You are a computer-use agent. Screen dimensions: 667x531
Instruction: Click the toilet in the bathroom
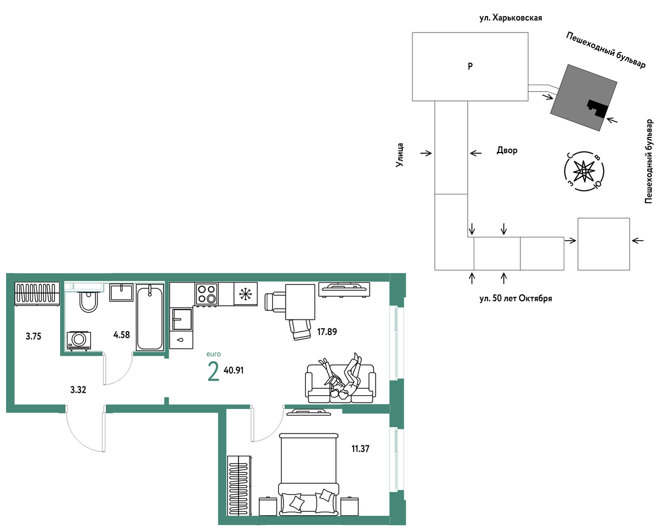[x=89, y=301]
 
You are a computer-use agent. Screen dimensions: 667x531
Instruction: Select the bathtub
[x=150, y=317]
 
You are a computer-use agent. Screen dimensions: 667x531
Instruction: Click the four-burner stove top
[x=207, y=294]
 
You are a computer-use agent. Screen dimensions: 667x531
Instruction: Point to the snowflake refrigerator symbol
[x=245, y=294]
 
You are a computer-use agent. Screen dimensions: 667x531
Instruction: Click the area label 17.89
[x=327, y=332]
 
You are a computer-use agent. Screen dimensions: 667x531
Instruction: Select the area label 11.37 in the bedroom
[x=360, y=449]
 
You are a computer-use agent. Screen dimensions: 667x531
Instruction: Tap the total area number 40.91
[x=233, y=371]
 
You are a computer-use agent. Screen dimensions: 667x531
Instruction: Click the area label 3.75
[x=33, y=336]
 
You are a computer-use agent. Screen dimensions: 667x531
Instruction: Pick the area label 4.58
[x=121, y=335]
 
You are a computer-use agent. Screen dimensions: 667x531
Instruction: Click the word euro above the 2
[x=213, y=354]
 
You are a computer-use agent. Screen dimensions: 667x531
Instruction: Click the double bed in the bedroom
[x=308, y=474]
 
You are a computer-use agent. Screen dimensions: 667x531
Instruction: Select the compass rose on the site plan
[x=584, y=171]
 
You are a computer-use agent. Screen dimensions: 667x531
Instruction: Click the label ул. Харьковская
[x=511, y=18]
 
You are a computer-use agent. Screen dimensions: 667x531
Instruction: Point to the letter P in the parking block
[x=470, y=66]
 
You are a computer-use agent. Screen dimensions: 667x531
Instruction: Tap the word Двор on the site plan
[x=507, y=151]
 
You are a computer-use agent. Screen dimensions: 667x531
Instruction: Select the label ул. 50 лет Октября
[x=516, y=298]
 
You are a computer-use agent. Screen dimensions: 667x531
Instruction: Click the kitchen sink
[x=182, y=319]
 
